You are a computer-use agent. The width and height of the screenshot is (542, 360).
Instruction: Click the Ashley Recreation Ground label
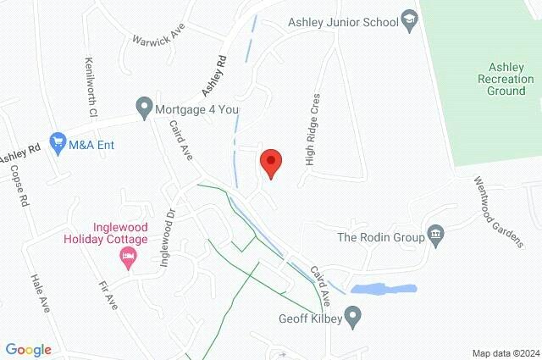point(507,79)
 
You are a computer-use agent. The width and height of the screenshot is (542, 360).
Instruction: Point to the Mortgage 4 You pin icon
point(144,108)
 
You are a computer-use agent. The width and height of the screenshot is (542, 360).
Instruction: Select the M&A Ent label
point(92,145)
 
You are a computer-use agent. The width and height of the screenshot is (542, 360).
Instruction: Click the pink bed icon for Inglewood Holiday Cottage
point(129,257)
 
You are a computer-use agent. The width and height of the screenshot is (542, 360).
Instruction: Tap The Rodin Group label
point(380,238)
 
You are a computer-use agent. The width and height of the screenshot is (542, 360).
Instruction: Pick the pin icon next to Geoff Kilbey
point(356,319)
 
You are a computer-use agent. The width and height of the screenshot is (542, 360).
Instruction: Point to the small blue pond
point(383,290)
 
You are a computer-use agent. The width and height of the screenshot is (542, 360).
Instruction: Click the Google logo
point(28,350)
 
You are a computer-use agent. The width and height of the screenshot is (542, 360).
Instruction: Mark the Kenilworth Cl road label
point(91,86)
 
